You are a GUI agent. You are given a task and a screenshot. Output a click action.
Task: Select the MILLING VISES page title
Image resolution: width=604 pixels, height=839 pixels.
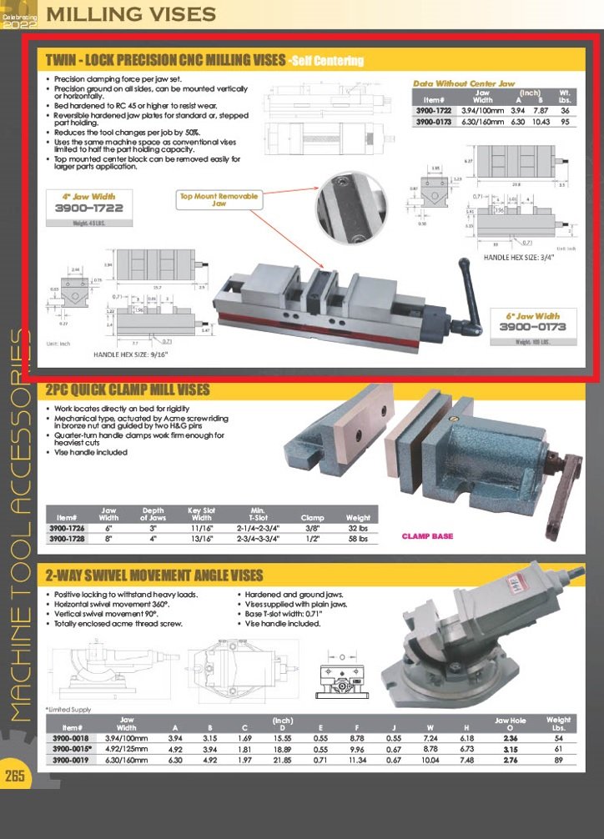tap(130, 14)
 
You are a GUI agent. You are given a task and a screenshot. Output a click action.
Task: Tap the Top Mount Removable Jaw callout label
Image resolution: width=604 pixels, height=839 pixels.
tap(219, 199)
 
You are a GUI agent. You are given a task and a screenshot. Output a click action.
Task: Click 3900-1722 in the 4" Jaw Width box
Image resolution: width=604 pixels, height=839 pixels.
tap(88, 208)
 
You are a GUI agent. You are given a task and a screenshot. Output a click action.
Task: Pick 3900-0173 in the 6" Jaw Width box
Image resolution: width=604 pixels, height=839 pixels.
tap(532, 327)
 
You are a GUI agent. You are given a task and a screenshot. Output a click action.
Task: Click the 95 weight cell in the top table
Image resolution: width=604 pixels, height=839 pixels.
tap(565, 122)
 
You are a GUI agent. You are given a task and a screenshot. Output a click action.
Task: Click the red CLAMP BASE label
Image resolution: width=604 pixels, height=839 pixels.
tap(428, 536)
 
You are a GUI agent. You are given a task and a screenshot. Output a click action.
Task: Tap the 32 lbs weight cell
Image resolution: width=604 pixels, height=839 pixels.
tap(358, 529)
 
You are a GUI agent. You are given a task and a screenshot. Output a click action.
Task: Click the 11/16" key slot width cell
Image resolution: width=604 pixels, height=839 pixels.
tap(201, 529)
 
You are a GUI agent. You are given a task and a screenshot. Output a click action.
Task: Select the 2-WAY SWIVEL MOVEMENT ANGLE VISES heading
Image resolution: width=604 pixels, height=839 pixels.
tap(154, 575)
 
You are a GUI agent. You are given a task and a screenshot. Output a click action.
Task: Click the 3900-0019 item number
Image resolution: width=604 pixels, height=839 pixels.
tap(70, 760)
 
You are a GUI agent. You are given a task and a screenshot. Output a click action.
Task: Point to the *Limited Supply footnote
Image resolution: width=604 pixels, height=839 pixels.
tap(68, 709)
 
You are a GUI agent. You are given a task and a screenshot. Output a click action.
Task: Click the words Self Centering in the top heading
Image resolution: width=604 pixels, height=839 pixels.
tap(326, 61)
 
